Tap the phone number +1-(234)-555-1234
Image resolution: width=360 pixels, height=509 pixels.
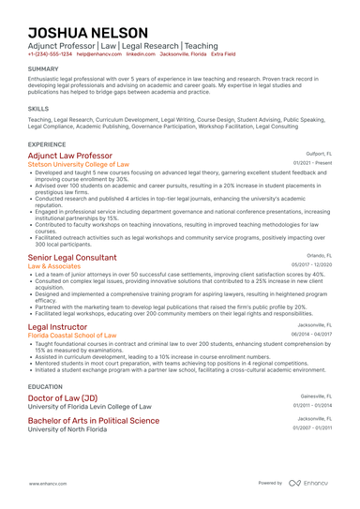click(x=50, y=54)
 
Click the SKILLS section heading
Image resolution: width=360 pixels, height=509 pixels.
click(x=38, y=109)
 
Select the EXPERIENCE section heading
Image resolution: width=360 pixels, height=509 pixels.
click(x=47, y=144)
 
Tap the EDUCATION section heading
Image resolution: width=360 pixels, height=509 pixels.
click(x=46, y=385)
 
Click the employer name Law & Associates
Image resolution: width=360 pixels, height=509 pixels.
click(x=54, y=266)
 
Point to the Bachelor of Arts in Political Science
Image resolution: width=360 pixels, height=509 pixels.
click(x=94, y=420)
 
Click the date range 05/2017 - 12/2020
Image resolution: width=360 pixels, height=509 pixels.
click(x=312, y=265)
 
